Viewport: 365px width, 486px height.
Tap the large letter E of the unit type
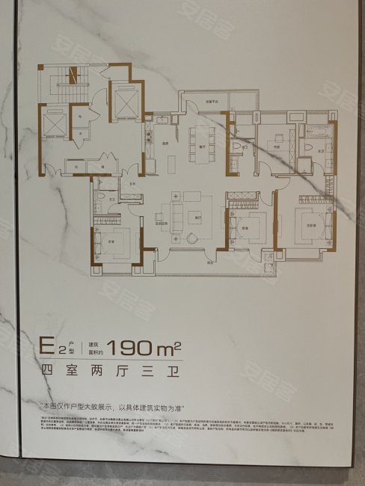tap(49, 347)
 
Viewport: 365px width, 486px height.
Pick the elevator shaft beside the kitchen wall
tap(122, 101)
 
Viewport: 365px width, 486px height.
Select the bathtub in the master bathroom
tap(313, 132)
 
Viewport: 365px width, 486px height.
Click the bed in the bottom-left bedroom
tap(111, 240)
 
